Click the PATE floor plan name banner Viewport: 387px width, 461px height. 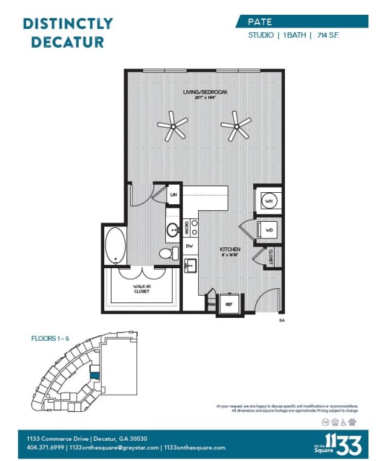point(302,21)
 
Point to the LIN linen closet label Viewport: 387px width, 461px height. point(173,194)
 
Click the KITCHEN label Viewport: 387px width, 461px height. point(230,250)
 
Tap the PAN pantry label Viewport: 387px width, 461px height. point(210,304)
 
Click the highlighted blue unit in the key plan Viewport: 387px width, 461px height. point(95,378)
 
